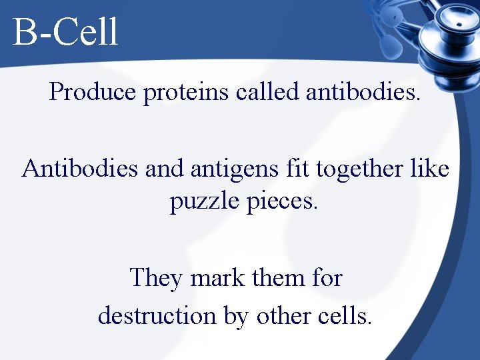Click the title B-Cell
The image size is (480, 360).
[x=65, y=32]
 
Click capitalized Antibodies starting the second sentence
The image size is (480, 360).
[x=80, y=169]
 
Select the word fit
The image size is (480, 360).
[x=297, y=169]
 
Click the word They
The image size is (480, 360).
[x=156, y=277]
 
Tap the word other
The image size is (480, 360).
[x=283, y=315]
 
